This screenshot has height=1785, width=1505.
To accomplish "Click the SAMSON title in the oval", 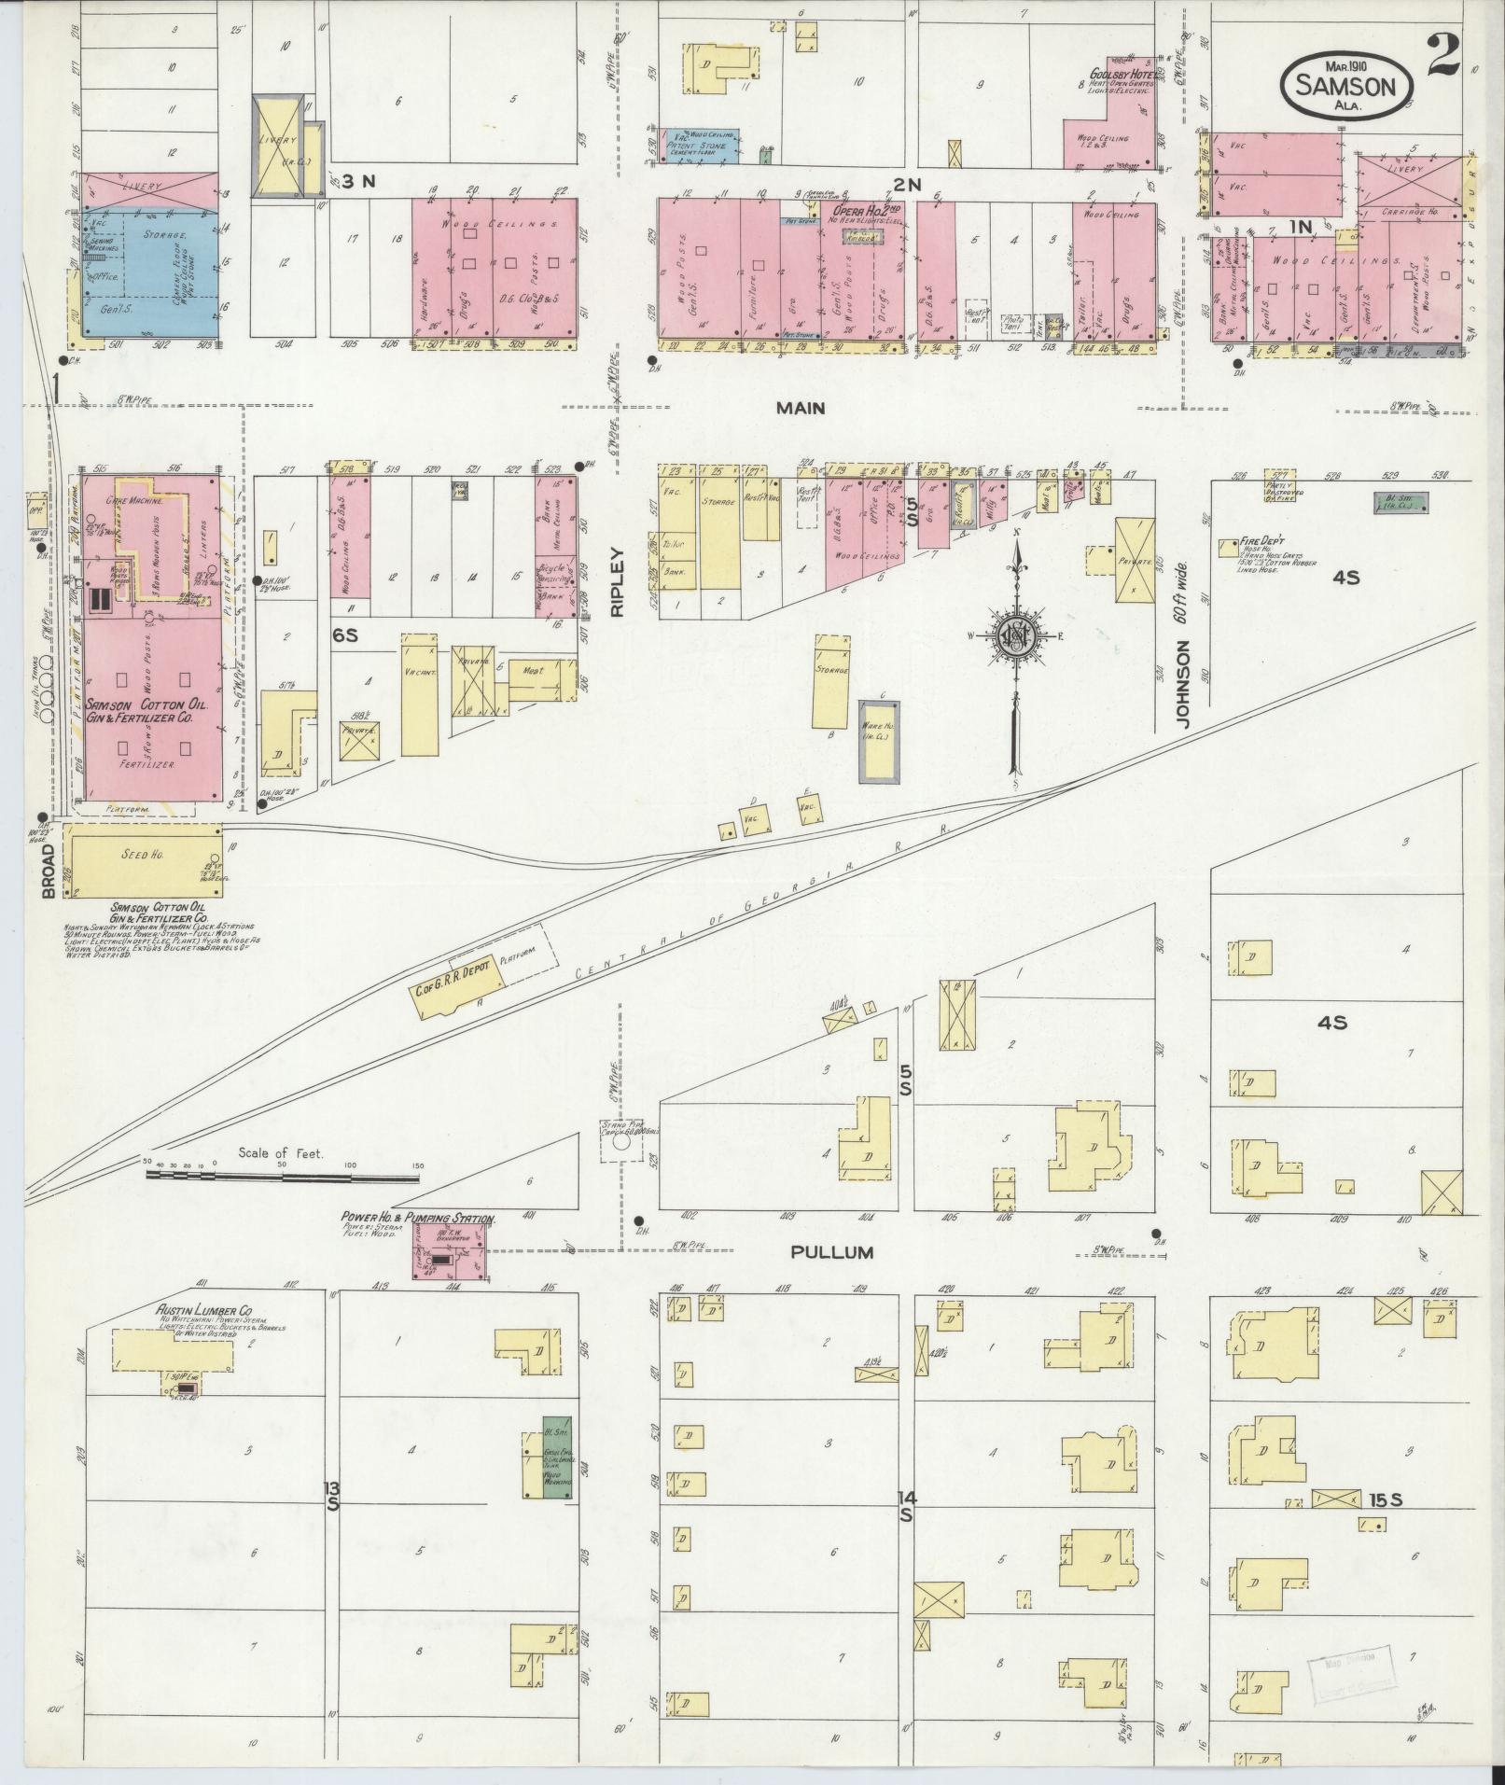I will point(1350,87).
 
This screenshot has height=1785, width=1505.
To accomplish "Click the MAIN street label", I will point(802,407).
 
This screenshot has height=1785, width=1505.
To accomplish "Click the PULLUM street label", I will point(831,1252).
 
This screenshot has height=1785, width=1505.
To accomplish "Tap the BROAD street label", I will point(49,872).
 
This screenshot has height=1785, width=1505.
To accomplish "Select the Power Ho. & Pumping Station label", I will point(420,1219).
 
